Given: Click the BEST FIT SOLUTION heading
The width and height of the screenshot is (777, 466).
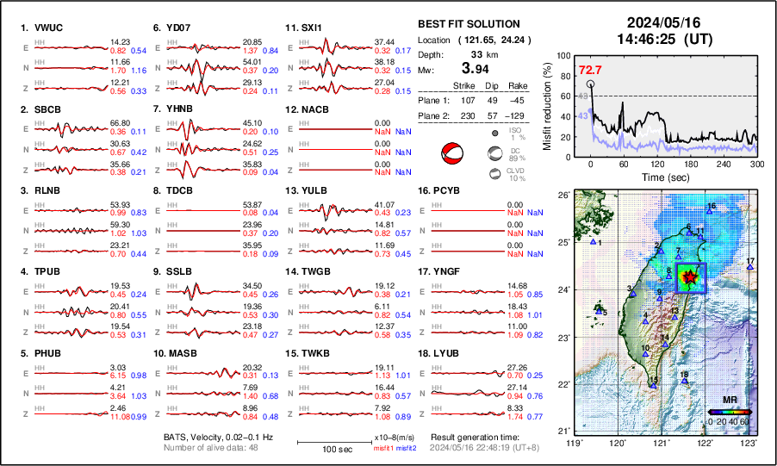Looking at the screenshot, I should pos(468,24).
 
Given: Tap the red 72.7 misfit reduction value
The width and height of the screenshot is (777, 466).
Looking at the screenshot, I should pos(590,70).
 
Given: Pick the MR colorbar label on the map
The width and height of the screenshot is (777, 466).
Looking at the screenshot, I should pos(729,401).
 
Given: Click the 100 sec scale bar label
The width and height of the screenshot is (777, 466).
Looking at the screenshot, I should pos(323,449).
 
